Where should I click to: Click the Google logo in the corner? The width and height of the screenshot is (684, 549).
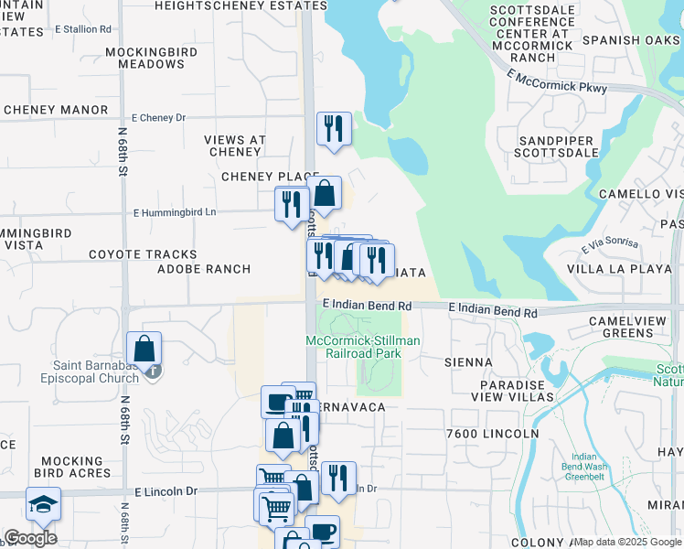(30, 538)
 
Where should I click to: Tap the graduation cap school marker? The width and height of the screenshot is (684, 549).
(43, 504)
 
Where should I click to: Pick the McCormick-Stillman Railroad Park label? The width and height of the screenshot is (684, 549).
(363, 347)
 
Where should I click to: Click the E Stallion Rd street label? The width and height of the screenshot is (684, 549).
(82, 29)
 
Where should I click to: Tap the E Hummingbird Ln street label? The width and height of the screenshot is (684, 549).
(175, 212)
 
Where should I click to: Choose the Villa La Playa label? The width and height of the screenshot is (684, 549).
(620, 269)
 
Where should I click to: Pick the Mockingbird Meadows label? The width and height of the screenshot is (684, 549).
(144, 58)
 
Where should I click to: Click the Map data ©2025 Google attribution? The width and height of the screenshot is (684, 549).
(627, 542)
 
